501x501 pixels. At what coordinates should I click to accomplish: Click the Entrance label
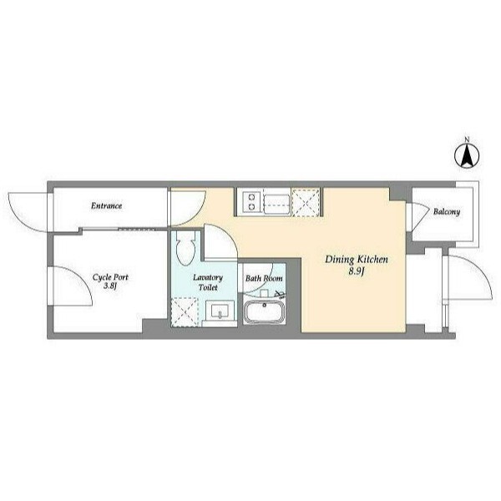tap(106, 205)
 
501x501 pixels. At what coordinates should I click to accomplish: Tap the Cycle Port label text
tap(110, 277)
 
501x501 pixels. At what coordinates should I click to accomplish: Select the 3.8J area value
tap(109, 286)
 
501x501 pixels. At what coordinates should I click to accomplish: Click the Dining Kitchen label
tap(357, 260)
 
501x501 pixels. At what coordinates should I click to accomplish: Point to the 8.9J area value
tap(357, 272)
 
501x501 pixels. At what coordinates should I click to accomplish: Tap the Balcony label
tap(447, 212)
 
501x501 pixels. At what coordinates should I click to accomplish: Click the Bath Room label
tap(264, 279)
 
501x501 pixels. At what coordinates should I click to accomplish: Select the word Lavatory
tap(208, 278)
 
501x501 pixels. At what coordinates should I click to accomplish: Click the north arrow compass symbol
tap(467, 156)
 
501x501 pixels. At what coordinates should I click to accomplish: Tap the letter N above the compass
tap(467, 139)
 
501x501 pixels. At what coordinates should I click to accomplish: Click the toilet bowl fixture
tap(185, 248)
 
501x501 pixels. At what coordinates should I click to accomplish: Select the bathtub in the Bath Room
tap(264, 312)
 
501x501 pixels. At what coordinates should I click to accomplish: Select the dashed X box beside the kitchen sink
tap(306, 203)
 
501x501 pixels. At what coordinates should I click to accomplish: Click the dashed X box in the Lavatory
tap(185, 312)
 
